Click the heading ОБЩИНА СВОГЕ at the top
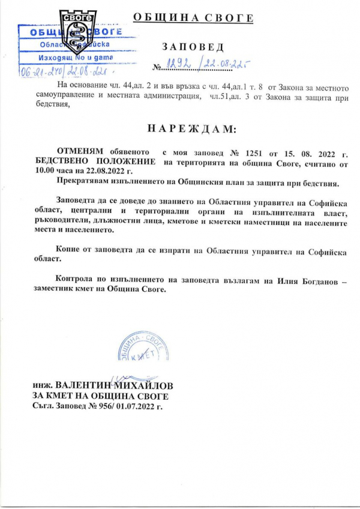click(193, 17)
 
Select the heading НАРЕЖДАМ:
click(192, 129)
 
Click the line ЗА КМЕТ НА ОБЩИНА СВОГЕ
click(100, 397)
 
